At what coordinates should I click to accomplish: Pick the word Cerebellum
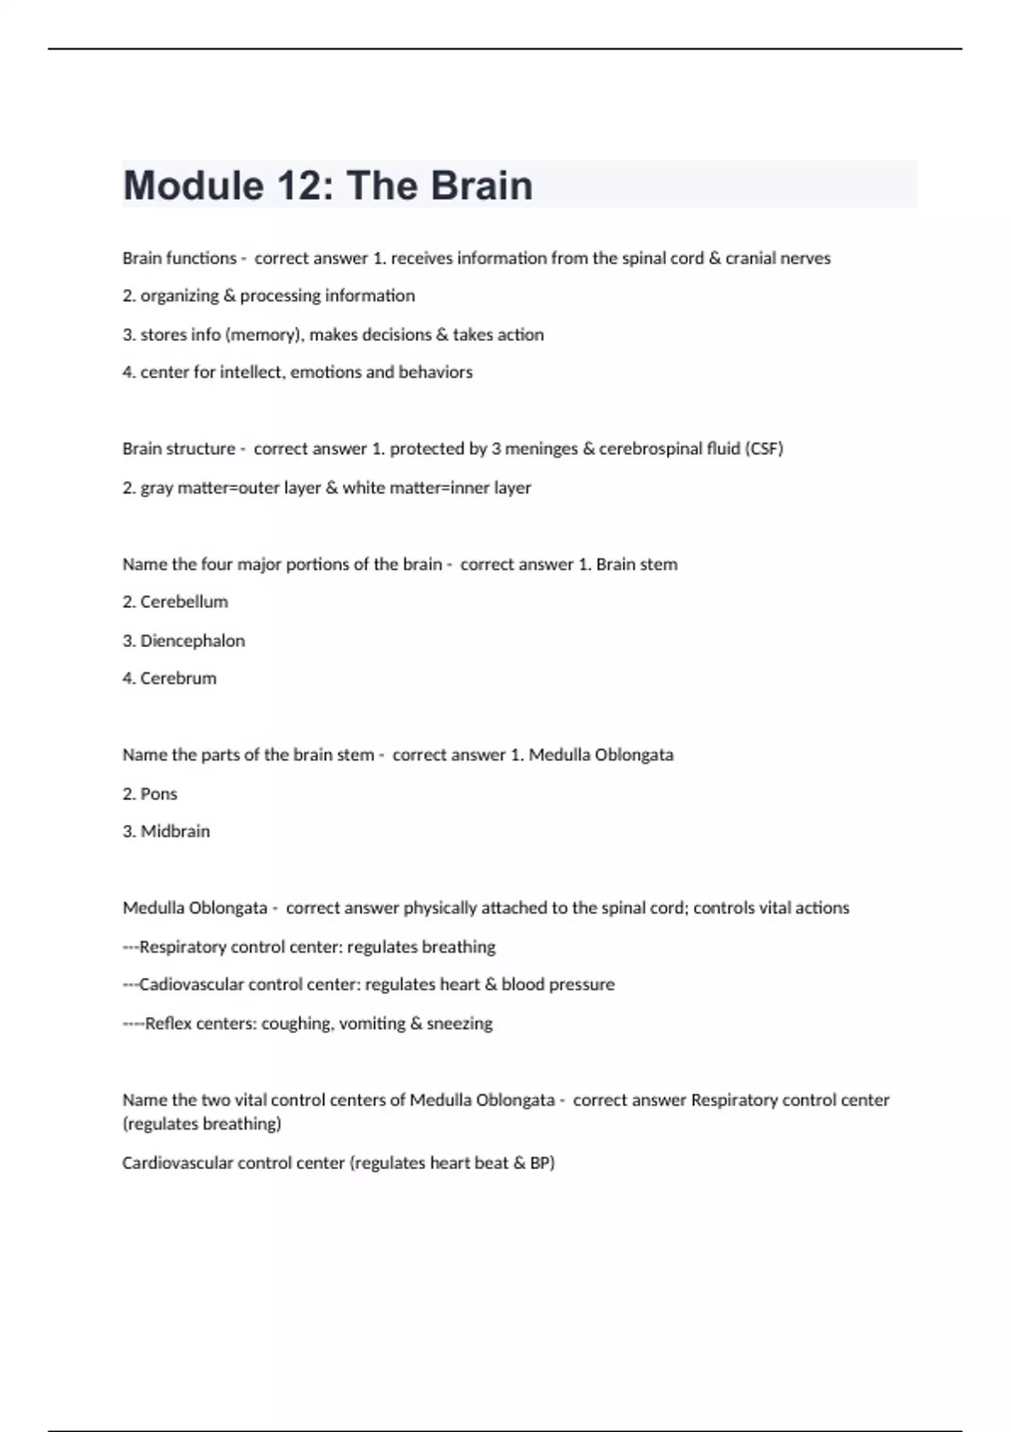click(x=184, y=601)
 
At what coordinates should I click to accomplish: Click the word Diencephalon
click(x=192, y=640)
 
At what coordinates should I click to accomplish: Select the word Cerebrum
click(x=178, y=678)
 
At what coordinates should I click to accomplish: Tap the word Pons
click(x=158, y=793)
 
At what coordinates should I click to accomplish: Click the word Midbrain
click(x=175, y=831)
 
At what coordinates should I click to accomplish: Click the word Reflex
click(x=168, y=1023)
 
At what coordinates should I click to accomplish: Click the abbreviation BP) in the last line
click(x=542, y=1162)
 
